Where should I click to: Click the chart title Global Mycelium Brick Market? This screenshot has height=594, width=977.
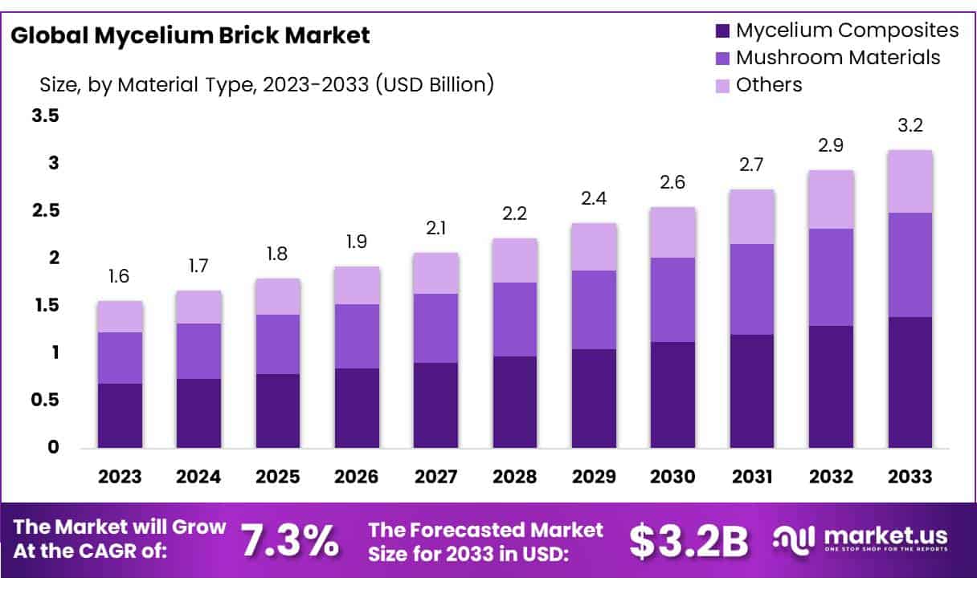pos(190,35)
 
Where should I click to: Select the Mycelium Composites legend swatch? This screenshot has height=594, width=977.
pos(722,31)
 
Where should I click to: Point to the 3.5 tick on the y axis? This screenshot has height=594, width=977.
pos(45,116)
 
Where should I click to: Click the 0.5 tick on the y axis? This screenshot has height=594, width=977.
pos(45,400)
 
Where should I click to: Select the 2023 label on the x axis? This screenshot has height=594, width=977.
pos(120,477)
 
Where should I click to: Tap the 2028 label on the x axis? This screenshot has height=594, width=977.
pos(515,477)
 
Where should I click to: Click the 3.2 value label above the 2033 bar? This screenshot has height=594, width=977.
pos(910,126)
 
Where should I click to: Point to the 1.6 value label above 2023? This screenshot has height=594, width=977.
pos(120,277)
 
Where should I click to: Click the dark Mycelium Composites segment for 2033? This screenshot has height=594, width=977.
pos(910,382)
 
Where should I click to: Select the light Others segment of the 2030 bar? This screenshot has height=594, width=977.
pos(672,233)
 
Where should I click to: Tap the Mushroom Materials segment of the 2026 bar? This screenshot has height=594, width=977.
pos(357,336)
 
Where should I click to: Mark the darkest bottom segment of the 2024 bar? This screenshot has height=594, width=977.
pos(198,413)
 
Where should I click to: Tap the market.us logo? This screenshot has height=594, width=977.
pos(860,539)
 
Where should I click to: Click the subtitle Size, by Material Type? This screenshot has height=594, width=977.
pos(266,83)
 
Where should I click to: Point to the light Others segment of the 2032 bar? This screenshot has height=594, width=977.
pos(831,200)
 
